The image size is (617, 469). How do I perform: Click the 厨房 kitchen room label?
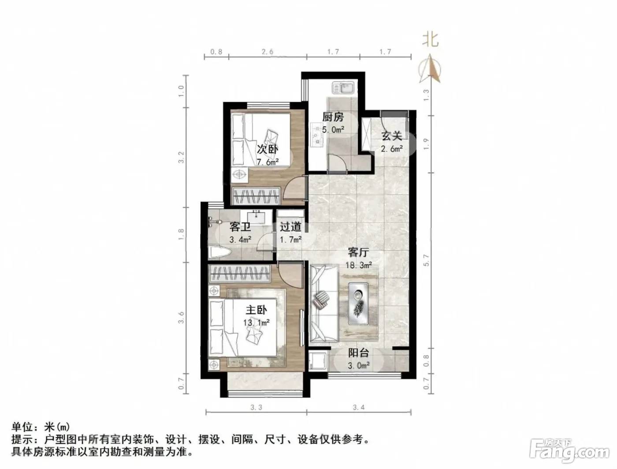click(333, 117)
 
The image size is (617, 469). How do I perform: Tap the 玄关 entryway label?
click(391, 136)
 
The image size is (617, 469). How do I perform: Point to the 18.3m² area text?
click(359, 265)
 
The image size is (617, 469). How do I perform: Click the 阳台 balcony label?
click(359, 353)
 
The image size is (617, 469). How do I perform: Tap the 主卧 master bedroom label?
click(256, 310)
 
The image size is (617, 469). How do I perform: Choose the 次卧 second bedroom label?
click(268, 149)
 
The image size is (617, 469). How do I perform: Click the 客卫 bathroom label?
click(240, 227)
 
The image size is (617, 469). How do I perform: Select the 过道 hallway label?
click(290, 227)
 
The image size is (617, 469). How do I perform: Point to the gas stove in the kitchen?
click(317, 135)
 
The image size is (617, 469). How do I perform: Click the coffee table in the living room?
click(358, 304)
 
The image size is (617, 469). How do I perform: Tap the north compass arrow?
click(430, 68)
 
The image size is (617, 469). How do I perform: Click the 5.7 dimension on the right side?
click(427, 260)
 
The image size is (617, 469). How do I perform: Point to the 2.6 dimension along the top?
click(268, 52)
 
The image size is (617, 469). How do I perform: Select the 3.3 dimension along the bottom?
click(256, 407)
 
